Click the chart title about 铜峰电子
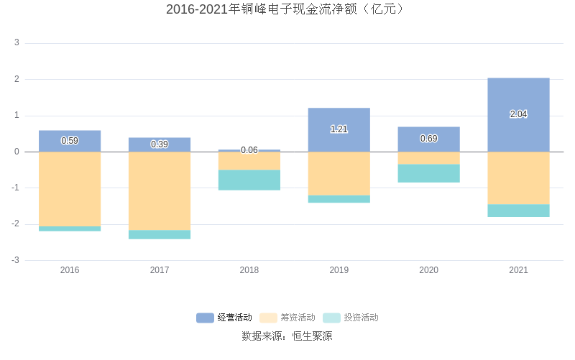click(x=287, y=9)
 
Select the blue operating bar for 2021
click(x=518, y=97)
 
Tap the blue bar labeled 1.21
click(x=339, y=119)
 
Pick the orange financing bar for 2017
click(x=160, y=190)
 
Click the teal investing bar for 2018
click(x=249, y=180)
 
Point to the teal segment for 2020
click(x=428, y=173)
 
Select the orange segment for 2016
click(x=70, y=188)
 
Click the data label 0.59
click(x=70, y=141)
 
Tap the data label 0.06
click(x=249, y=150)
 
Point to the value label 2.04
click(x=518, y=114)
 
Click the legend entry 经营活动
click(x=224, y=318)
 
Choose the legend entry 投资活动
click(x=351, y=318)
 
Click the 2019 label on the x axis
click(x=339, y=270)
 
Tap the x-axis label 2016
click(x=70, y=270)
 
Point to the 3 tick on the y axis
click(x=17, y=43)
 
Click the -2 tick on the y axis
click(x=15, y=224)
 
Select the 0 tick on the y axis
click(x=17, y=152)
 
